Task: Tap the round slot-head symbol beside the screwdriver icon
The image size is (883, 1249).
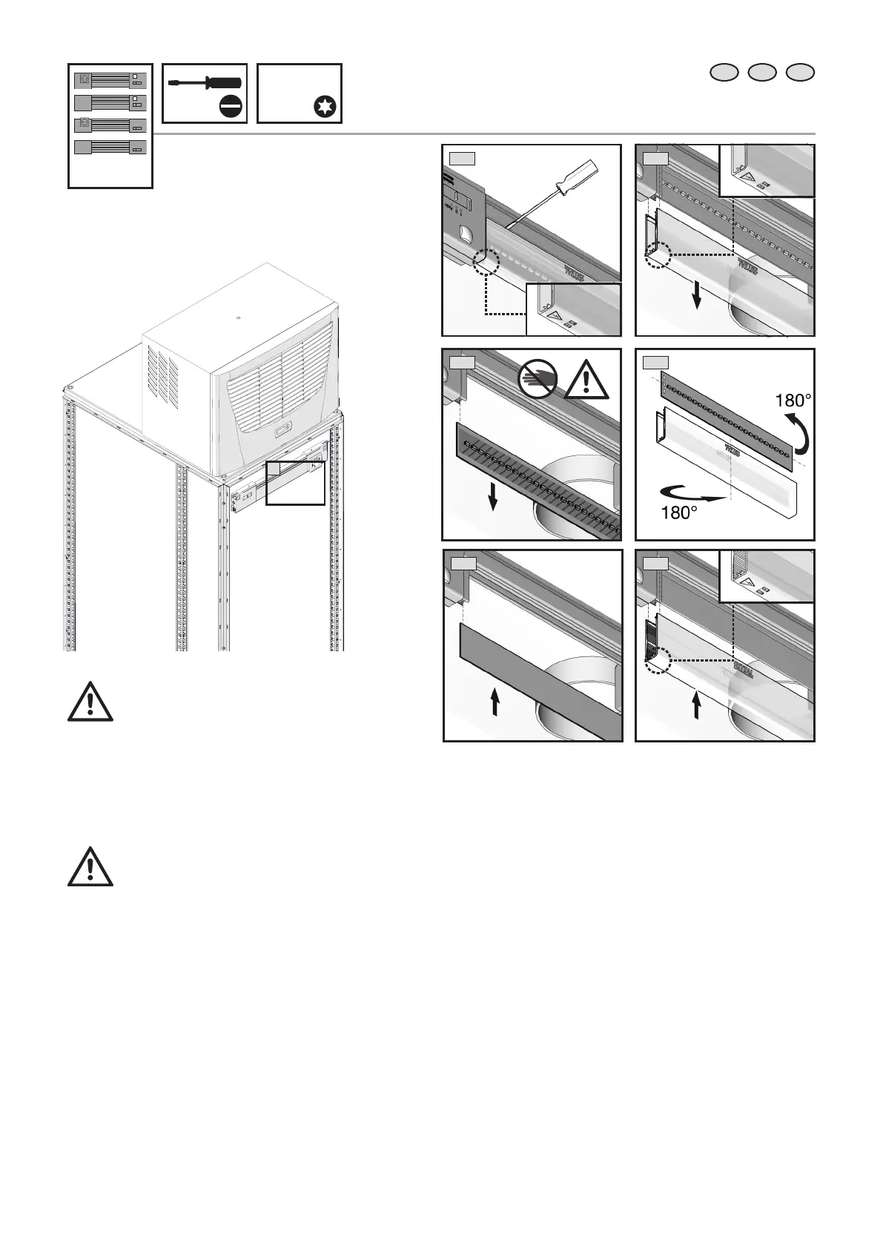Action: coord(231,108)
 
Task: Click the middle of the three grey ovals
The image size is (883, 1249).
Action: coord(762,72)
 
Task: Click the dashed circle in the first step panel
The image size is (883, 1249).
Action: coord(486,261)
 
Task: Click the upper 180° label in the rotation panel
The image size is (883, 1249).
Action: coord(793,401)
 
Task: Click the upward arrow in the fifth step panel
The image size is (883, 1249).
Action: coord(495,700)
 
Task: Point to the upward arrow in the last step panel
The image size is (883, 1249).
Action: coord(697,705)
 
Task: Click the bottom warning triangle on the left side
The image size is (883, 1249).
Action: coord(90,866)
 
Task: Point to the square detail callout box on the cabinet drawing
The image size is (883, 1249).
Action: coord(295,482)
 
